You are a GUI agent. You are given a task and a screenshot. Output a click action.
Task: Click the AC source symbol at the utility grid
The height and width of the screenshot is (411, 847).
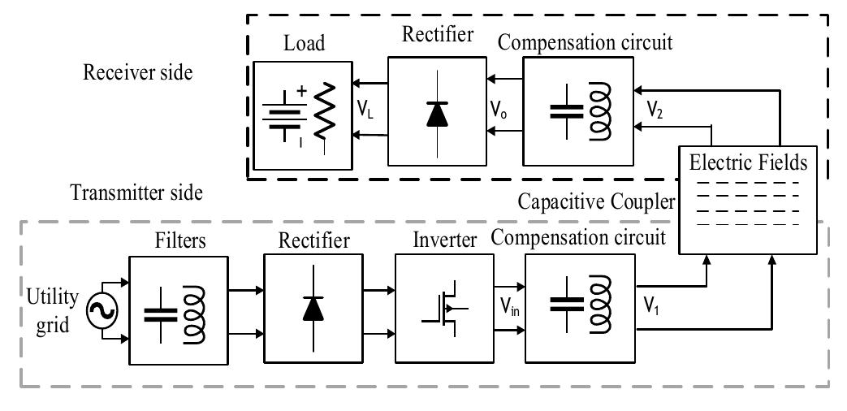(x=106, y=309)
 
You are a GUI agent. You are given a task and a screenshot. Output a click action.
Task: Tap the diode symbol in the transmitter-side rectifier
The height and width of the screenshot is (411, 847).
(x=311, y=309)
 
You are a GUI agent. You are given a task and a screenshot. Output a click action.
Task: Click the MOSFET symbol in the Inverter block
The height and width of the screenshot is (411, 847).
(x=443, y=309)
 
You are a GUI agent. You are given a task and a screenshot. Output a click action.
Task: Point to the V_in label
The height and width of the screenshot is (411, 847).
(x=509, y=308)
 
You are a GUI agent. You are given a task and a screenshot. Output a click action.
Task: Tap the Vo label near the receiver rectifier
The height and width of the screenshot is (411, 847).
(x=499, y=108)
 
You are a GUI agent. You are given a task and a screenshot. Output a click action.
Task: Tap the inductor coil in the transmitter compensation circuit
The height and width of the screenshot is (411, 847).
(x=599, y=309)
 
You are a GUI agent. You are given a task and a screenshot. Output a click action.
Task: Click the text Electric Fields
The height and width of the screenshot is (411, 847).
(x=748, y=162)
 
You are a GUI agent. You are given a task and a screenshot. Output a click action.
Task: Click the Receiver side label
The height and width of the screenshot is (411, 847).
(x=138, y=72)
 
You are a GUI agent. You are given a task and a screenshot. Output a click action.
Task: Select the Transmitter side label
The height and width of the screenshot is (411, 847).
(x=136, y=193)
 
